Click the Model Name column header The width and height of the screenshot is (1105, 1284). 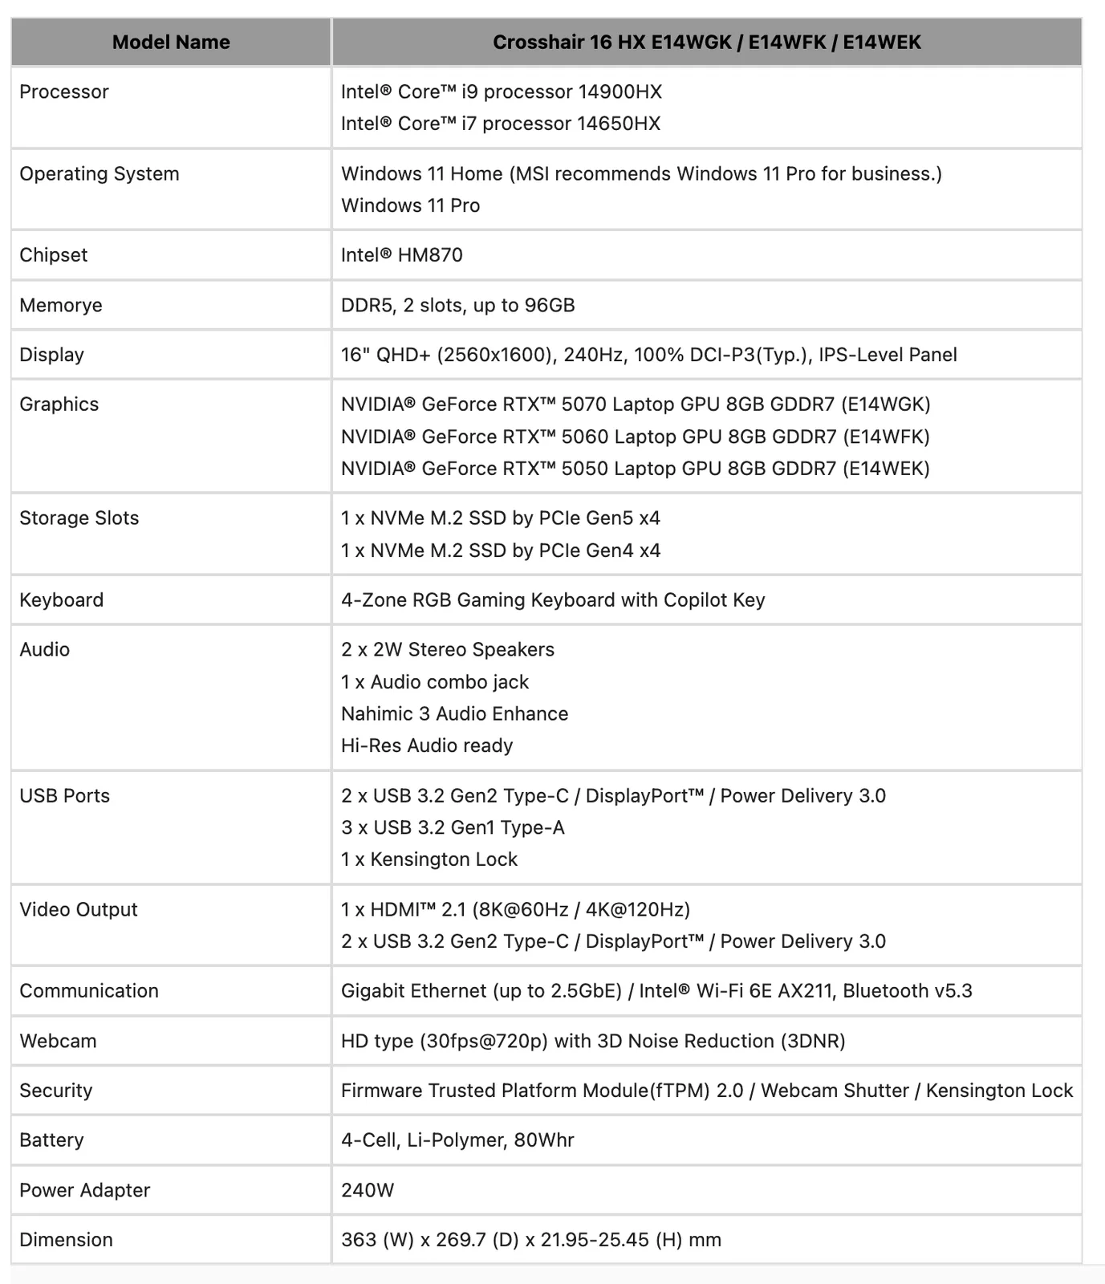click(x=171, y=43)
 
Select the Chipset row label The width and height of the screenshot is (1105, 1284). click(x=53, y=255)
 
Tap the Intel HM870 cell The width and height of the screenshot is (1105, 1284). click(x=401, y=255)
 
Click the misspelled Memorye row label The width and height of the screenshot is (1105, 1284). click(x=61, y=305)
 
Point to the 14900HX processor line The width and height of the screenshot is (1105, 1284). click(x=501, y=91)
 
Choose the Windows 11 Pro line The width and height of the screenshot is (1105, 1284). click(x=410, y=205)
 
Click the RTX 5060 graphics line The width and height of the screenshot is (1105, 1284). click(x=635, y=437)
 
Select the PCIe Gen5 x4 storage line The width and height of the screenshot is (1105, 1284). click(x=500, y=518)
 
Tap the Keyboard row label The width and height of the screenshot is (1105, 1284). click(x=61, y=600)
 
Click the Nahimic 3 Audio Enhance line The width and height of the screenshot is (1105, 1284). click(x=454, y=713)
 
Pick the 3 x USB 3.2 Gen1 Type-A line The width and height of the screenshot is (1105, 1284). click(x=453, y=827)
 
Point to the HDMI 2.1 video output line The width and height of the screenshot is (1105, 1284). click(x=515, y=909)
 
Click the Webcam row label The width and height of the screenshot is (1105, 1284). click(x=58, y=1041)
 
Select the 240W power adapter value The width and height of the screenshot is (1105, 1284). click(x=368, y=1190)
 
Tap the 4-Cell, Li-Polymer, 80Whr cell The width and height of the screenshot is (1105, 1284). click(x=457, y=1140)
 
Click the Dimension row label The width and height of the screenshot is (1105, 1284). click(x=66, y=1240)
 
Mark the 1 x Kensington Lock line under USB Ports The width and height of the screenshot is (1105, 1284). click(x=429, y=859)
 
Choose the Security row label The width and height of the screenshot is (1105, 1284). click(x=55, y=1091)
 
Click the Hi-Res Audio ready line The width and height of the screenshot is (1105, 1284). click(x=427, y=746)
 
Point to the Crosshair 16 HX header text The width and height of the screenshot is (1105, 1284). click(x=706, y=43)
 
